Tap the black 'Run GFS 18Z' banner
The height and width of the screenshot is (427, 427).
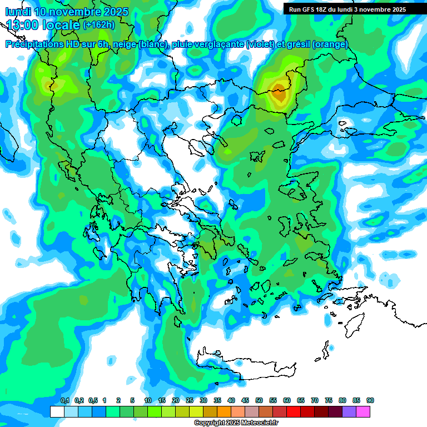(x=347, y=9)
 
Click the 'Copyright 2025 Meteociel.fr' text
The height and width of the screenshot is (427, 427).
(x=236, y=423)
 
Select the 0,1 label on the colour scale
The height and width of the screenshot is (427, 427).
(x=65, y=400)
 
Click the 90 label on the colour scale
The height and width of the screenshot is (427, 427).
(x=370, y=400)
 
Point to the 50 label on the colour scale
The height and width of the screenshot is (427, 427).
(x=259, y=400)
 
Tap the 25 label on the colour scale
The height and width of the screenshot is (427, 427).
(x=190, y=400)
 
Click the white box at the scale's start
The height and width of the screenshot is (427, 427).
(x=57, y=411)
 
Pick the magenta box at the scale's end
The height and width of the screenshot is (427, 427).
(x=363, y=411)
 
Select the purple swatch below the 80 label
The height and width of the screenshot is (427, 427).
(x=349, y=411)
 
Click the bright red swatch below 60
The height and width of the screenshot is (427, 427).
(x=294, y=411)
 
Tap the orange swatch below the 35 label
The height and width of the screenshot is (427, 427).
(x=224, y=411)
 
